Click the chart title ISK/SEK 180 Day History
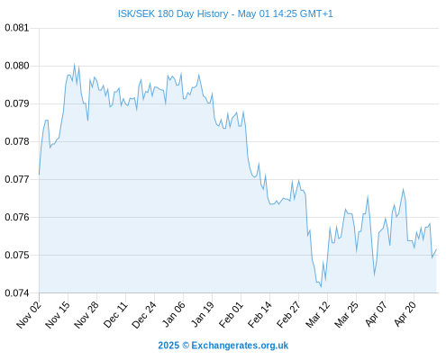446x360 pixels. coord(173,13)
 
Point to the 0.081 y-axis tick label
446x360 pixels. coord(17,28)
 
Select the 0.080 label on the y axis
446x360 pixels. coord(17,66)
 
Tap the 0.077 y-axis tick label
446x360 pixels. coord(17,179)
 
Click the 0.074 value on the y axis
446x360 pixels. coord(17,292)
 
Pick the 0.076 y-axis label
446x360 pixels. coord(17,217)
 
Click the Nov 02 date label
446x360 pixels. coord(29,314)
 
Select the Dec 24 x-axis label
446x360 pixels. coord(144,314)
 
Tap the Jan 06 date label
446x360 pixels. coord(174,314)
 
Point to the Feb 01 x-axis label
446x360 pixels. coord(232,314)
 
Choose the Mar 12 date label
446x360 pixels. coord(318,314)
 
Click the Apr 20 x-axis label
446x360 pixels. coord(405,314)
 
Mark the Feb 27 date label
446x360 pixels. coord(289,314)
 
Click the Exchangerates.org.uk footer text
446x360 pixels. coord(240,346)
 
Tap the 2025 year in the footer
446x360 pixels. coord(168,346)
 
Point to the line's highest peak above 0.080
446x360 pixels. coord(74,64)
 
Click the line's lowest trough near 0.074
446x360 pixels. coord(321,287)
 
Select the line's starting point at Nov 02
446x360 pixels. coord(39,175)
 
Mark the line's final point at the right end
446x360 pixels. coord(436,249)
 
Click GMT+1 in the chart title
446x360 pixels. coord(316,13)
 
